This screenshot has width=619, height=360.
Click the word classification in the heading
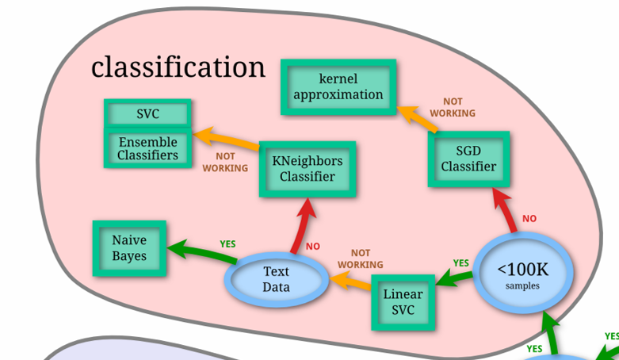tap(178, 67)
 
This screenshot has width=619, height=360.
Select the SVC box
tap(147, 114)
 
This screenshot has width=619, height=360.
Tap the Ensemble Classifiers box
tap(147, 148)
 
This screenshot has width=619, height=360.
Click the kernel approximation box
tap(338, 86)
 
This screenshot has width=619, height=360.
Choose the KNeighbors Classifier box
tap(308, 169)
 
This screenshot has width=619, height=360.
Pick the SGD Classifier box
tap(468, 159)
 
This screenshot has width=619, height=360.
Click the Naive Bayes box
tap(129, 248)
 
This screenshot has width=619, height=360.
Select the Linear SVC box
tap(403, 302)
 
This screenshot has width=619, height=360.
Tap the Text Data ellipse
tap(277, 279)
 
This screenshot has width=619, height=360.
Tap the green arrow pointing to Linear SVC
tap(454, 278)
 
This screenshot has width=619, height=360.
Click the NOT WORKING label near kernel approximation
tap(453, 107)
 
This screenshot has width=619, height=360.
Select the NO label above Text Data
tap(313, 247)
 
